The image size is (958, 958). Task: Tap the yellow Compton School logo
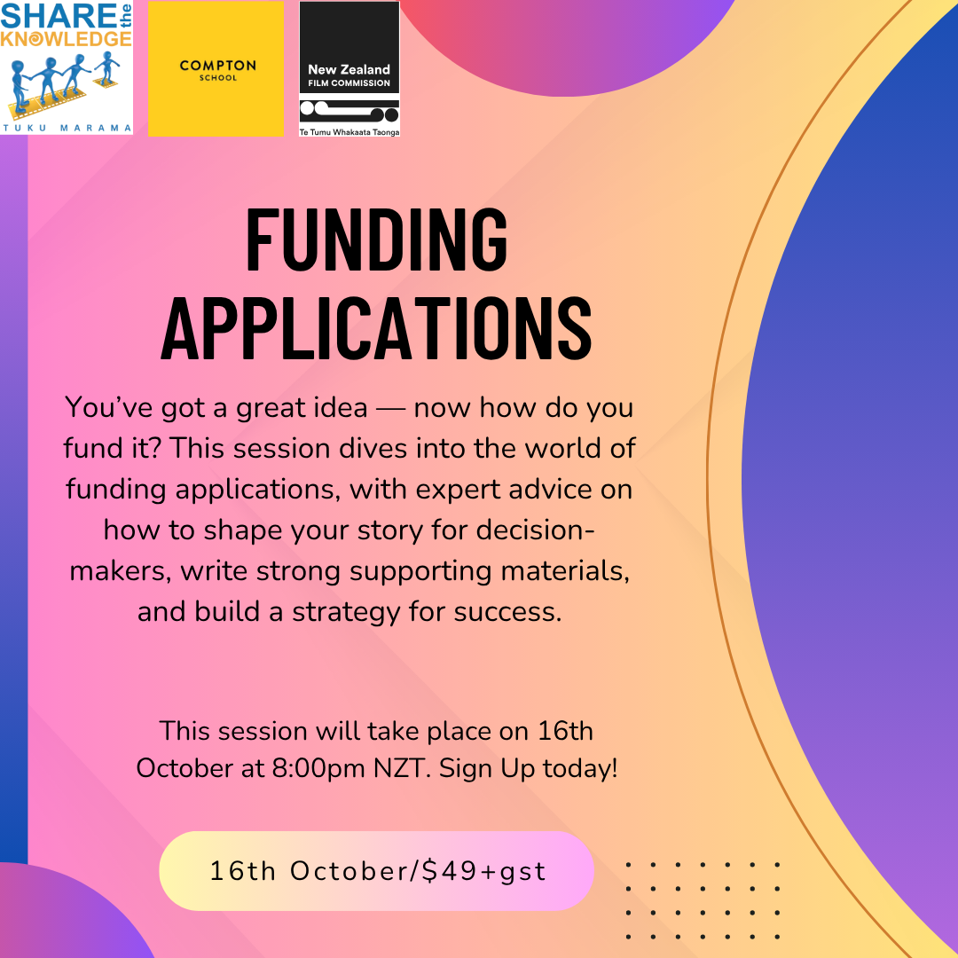[216, 69]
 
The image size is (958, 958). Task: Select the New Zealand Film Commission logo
[349, 69]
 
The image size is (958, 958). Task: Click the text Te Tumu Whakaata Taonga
[349, 132]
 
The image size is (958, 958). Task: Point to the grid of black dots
[703, 899]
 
